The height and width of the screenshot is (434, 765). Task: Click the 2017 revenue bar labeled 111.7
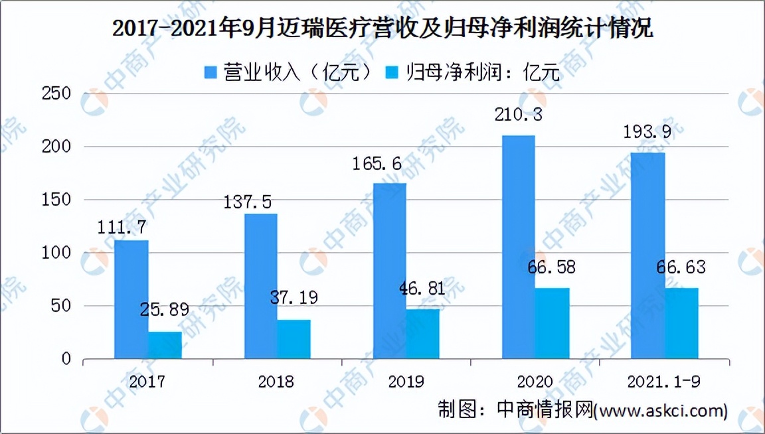pyautogui.click(x=131, y=299)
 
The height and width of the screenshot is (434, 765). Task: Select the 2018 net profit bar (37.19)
pyautogui.click(x=294, y=339)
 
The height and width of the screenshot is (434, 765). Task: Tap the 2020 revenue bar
pyautogui.click(x=519, y=247)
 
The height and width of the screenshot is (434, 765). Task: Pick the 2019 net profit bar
pyautogui.click(x=423, y=334)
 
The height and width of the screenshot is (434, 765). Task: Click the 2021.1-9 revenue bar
pyautogui.click(x=647, y=255)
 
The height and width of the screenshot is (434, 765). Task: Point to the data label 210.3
pyautogui.click(x=518, y=114)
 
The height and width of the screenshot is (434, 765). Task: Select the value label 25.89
pyautogui.click(x=165, y=309)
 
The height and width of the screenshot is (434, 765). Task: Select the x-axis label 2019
pyautogui.click(x=406, y=382)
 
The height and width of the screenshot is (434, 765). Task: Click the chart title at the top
pyautogui.click(x=382, y=30)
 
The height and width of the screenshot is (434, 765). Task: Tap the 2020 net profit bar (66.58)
pyautogui.click(x=552, y=323)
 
